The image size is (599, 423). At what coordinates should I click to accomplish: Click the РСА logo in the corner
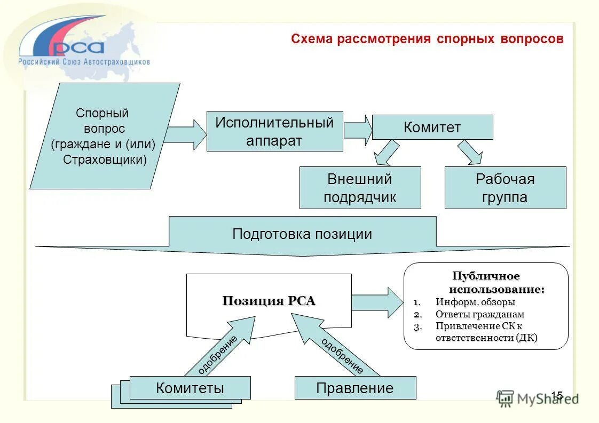75,45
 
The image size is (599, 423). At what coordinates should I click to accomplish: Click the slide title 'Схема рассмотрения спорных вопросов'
427,39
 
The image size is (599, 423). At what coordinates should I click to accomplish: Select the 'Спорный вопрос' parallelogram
105,136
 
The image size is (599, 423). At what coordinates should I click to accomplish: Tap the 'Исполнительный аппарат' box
274,131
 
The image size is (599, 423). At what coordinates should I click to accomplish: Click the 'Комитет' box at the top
432,127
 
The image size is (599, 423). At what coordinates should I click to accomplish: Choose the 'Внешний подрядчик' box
360,188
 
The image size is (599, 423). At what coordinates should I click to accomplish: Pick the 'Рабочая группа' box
505,188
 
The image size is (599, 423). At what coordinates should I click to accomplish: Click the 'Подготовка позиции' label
302,234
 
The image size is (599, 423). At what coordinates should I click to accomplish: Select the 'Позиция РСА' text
269,301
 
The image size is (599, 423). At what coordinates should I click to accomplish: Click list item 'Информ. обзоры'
475,302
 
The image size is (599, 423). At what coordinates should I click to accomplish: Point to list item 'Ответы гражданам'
479,314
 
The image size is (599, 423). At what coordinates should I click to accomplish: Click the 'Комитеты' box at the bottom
190,388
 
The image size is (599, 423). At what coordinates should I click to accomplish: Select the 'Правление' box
355,388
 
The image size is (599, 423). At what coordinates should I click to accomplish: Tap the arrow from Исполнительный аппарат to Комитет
358,130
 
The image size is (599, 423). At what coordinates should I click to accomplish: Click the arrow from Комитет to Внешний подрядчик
386,153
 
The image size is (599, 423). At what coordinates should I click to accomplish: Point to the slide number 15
557,395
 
